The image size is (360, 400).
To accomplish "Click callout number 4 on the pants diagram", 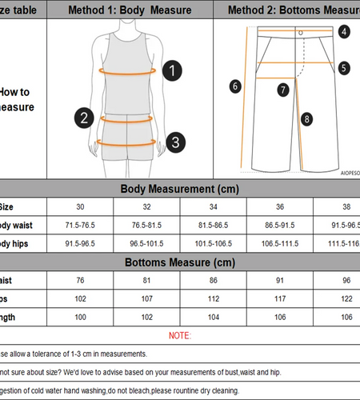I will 343,32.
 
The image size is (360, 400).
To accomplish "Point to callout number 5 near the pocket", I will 343,68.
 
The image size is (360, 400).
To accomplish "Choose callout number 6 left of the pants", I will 235,86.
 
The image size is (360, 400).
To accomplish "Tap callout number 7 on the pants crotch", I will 282,90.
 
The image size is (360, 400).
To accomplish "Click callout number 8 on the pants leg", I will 306,119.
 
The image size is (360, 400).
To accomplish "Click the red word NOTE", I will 180,334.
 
